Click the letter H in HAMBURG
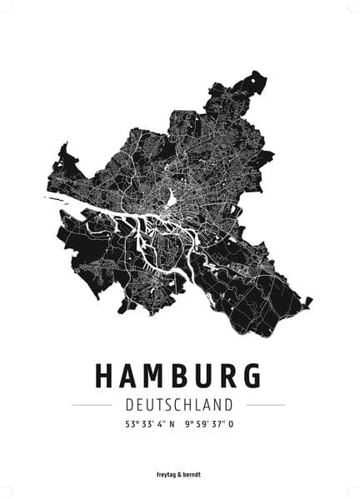(106, 376)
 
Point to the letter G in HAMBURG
(252, 376)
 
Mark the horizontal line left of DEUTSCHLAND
(92, 405)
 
